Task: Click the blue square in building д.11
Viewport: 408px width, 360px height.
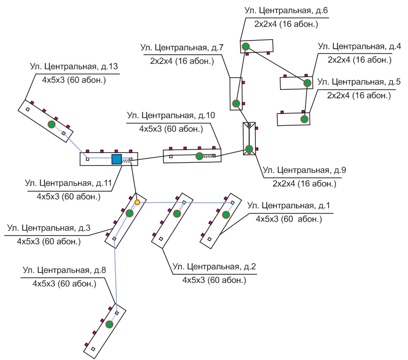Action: [x=117, y=159]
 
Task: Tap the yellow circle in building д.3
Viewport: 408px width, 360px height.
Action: [x=138, y=202]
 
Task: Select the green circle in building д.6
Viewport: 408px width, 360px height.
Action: [x=246, y=47]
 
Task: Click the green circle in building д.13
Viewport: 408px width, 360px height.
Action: [x=52, y=124]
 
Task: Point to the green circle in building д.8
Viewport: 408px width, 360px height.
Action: [x=109, y=325]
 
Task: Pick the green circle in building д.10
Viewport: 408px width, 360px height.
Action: [x=199, y=156]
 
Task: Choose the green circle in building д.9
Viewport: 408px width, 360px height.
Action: [x=249, y=149]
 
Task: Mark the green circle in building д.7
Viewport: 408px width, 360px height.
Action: [x=236, y=103]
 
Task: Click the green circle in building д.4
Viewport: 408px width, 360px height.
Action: [x=308, y=83]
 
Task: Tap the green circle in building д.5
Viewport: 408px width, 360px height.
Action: [x=304, y=119]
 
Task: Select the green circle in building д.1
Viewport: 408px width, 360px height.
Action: [x=226, y=214]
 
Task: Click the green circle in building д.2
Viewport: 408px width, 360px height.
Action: [x=177, y=213]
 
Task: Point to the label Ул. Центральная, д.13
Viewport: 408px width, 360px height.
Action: [x=74, y=66]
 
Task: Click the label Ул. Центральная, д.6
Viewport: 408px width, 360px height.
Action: [x=286, y=11]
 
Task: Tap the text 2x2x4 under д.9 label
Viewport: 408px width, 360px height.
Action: [x=284, y=184]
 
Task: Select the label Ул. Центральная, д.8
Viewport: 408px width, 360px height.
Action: [x=64, y=270]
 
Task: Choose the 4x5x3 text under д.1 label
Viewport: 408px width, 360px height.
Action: [x=267, y=219]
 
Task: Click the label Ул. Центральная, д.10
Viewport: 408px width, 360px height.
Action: [x=171, y=116]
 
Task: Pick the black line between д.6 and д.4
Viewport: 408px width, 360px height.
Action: [x=277, y=65]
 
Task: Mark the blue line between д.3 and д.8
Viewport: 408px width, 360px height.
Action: [x=116, y=276]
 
